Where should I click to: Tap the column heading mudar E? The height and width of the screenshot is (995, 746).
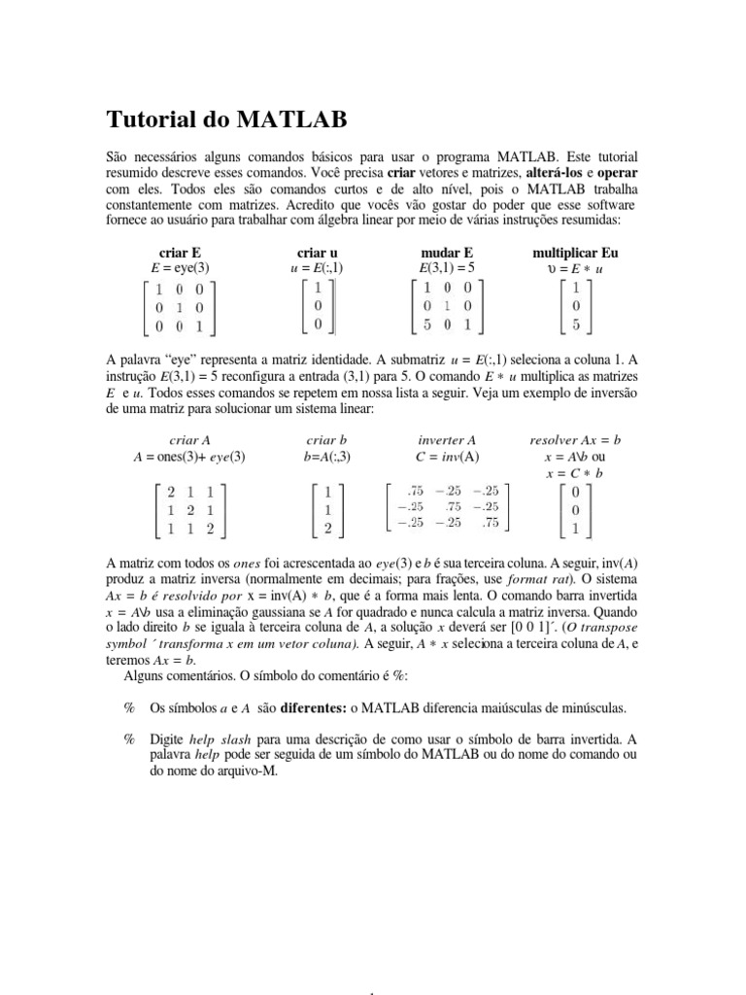(x=445, y=252)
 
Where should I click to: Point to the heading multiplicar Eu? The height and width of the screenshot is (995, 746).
(x=576, y=252)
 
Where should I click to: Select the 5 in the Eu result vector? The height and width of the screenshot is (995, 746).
(x=576, y=326)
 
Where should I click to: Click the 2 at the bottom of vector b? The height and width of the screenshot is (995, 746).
(x=329, y=530)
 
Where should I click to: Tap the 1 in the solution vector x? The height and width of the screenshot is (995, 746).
(x=576, y=530)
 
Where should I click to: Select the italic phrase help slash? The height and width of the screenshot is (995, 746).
(x=220, y=738)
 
